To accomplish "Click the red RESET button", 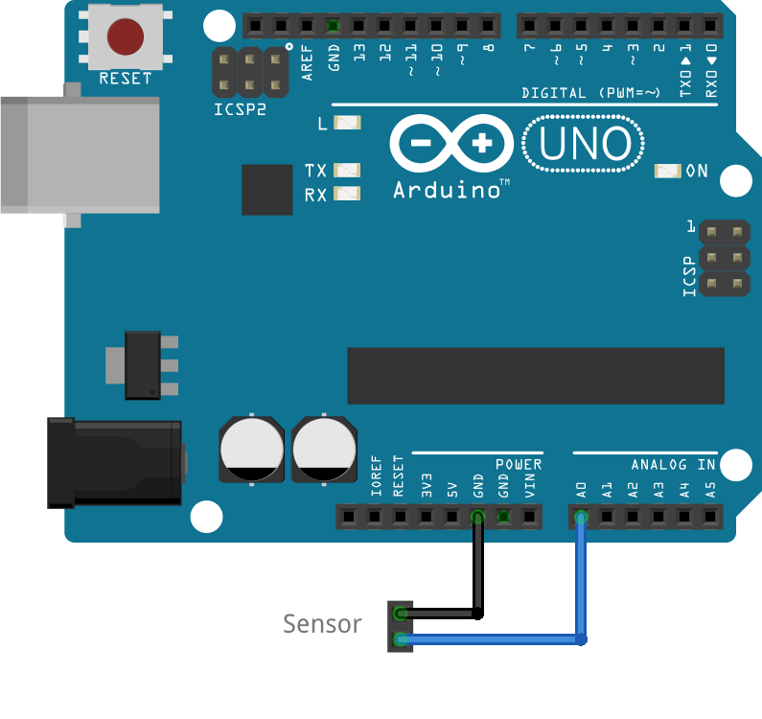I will pyautogui.click(x=125, y=36).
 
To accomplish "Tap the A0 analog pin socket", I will pyautogui.click(x=581, y=519).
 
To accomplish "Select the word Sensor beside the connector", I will pyautogui.click(x=322, y=624).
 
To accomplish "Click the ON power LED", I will pyautogui.click(x=666, y=171).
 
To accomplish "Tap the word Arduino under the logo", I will pyautogui.click(x=447, y=190).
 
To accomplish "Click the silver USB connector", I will pyautogui.click(x=81, y=153).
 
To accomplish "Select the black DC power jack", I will pyautogui.click(x=115, y=463).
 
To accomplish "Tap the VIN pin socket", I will pyautogui.click(x=529, y=519).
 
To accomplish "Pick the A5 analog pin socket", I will pyautogui.click(x=710, y=519).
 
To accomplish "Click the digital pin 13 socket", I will pyautogui.click(x=358, y=25).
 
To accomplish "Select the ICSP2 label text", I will pyautogui.click(x=240, y=109).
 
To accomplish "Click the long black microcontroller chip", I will pyautogui.click(x=535, y=376).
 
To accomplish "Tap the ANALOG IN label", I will pyautogui.click(x=673, y=465).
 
